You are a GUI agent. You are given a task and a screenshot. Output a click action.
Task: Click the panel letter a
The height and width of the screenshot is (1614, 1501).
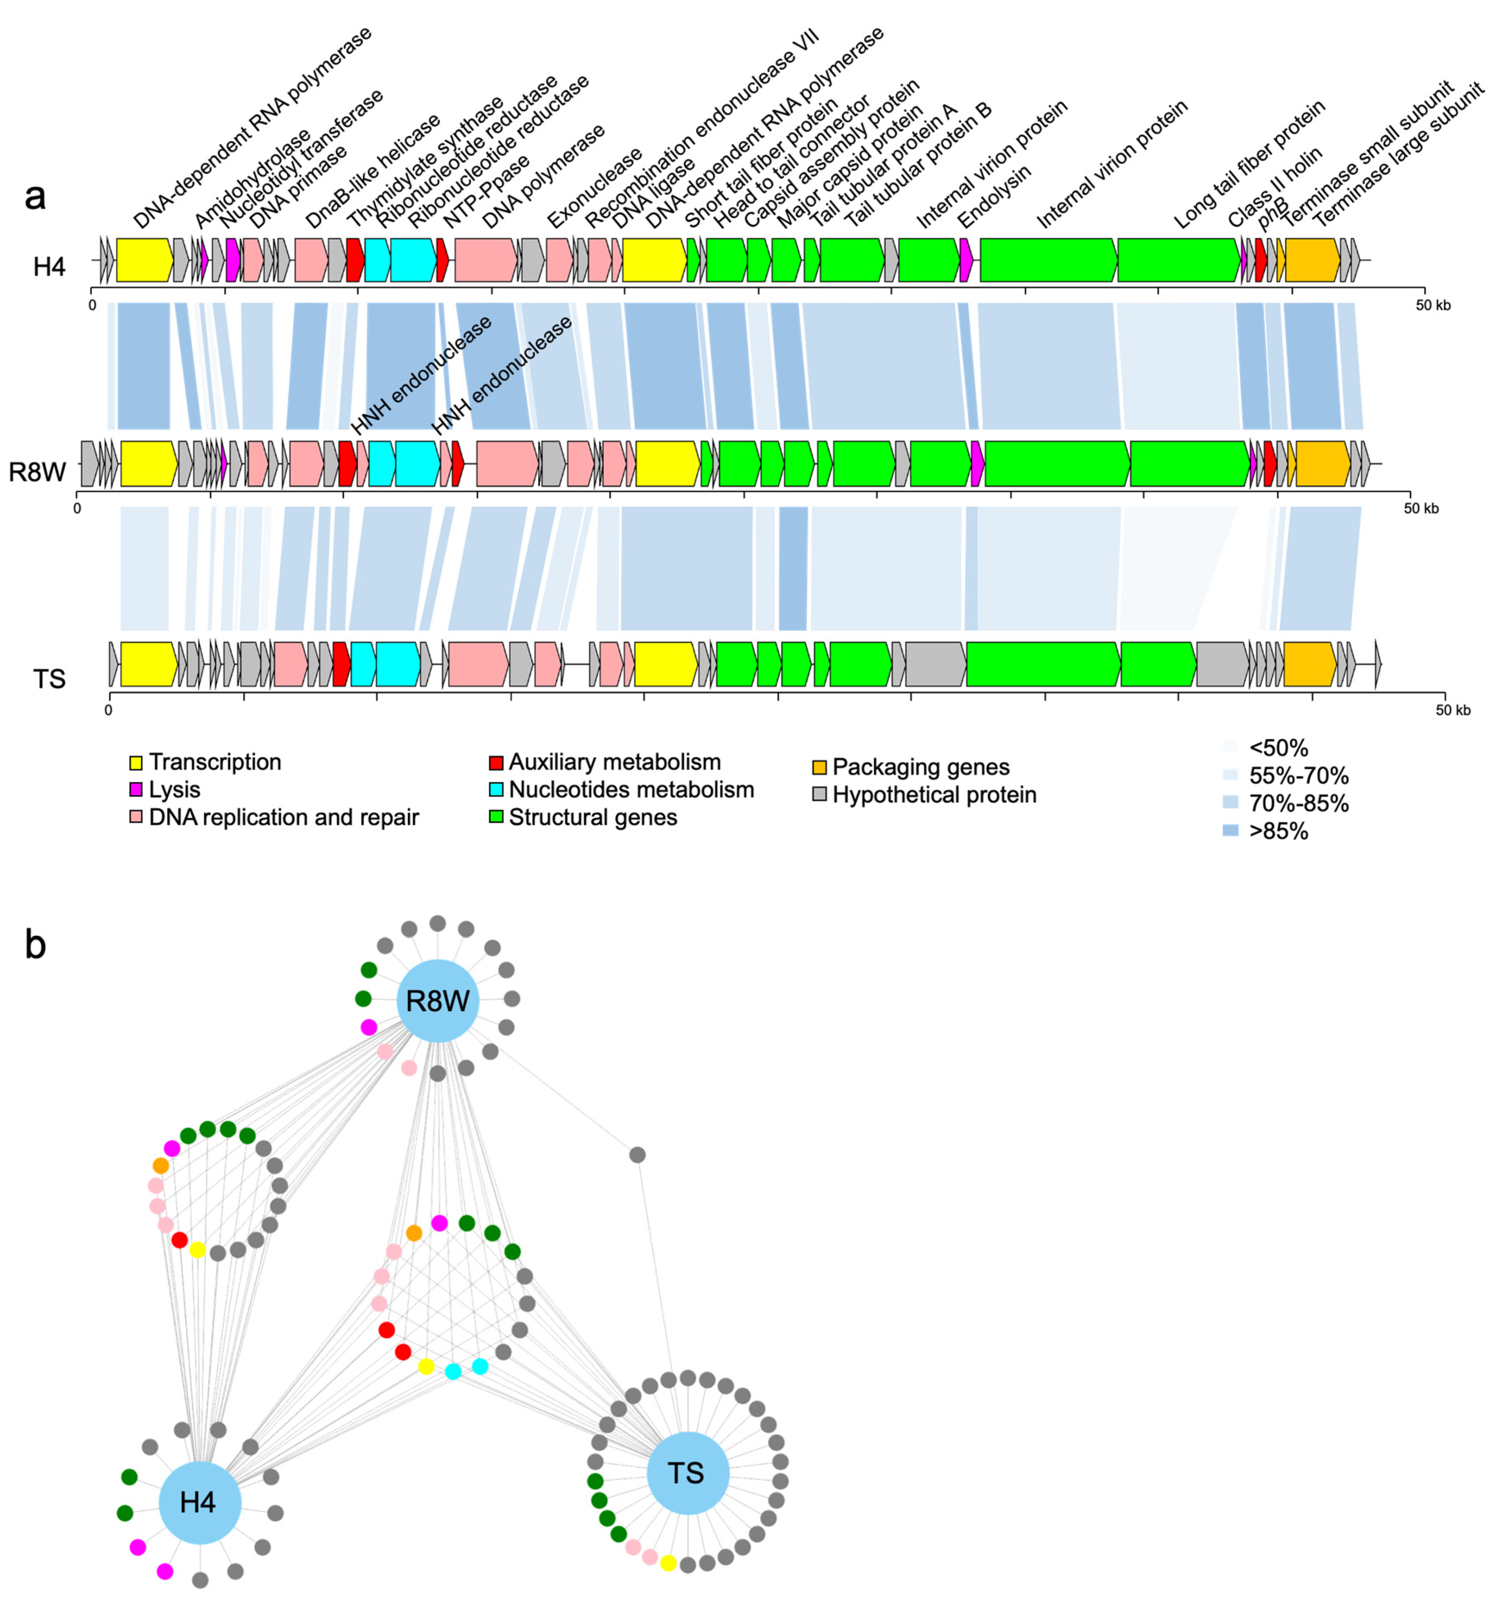[x=35, y=196]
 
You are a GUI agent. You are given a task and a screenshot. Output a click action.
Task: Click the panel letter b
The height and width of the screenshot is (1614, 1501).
[x=35, y=944]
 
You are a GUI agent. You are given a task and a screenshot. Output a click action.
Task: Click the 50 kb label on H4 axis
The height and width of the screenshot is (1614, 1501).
[x=1433, y=305]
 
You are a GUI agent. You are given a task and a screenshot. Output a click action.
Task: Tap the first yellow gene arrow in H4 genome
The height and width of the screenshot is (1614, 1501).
[x=144, y=260]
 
